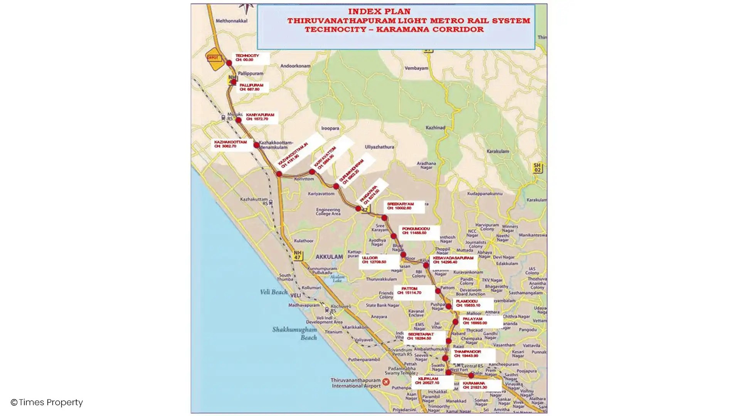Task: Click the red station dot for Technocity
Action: tap(229, 63)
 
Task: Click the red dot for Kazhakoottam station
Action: tap(256, 145)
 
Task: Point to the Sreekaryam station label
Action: tap(404, 206)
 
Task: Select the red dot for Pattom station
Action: tap(438, 291)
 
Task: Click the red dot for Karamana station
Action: tap(471, 375)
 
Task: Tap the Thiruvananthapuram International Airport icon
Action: tap(386, 382)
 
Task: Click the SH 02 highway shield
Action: tap(537, 168)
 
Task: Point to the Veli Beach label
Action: tap(274, 292)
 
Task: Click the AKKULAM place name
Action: tap(329, 257)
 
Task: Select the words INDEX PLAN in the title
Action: tap(379, 12)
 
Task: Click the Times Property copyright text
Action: tap(47, 403)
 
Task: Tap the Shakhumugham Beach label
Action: tap(295, 334)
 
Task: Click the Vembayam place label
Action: tap(416, 68)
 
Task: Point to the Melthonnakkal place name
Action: tap(231, 21)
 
